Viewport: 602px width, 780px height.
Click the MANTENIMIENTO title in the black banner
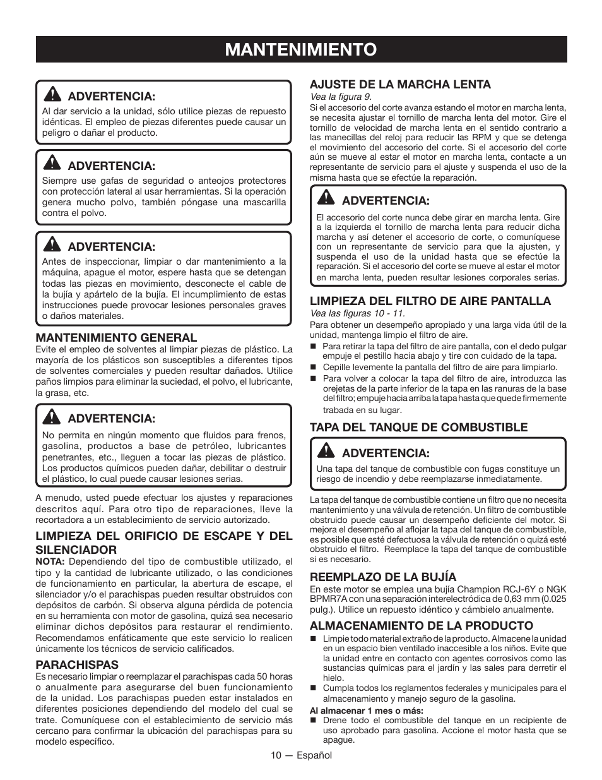pos(301,49)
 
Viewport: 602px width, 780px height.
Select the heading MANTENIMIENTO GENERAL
pos(116,338)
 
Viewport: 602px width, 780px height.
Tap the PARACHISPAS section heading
pos(77,665)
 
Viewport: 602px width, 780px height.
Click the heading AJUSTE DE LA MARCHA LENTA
pos(400,85)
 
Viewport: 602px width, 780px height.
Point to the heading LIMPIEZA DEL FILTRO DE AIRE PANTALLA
pos(430,301)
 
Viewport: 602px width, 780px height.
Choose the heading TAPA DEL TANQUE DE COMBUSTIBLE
pos(418,428)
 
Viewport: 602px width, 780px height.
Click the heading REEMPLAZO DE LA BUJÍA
pos(382,577)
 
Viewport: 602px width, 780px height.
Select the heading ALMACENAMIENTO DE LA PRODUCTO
pos(421,626)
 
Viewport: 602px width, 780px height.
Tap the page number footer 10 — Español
pos(301,755)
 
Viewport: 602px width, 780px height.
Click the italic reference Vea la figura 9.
pos(340,97)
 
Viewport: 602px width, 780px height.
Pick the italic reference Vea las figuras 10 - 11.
pos(357,313)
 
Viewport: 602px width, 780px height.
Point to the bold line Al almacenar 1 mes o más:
pos(366,711)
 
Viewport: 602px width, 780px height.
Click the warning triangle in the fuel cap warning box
pos(326,452)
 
